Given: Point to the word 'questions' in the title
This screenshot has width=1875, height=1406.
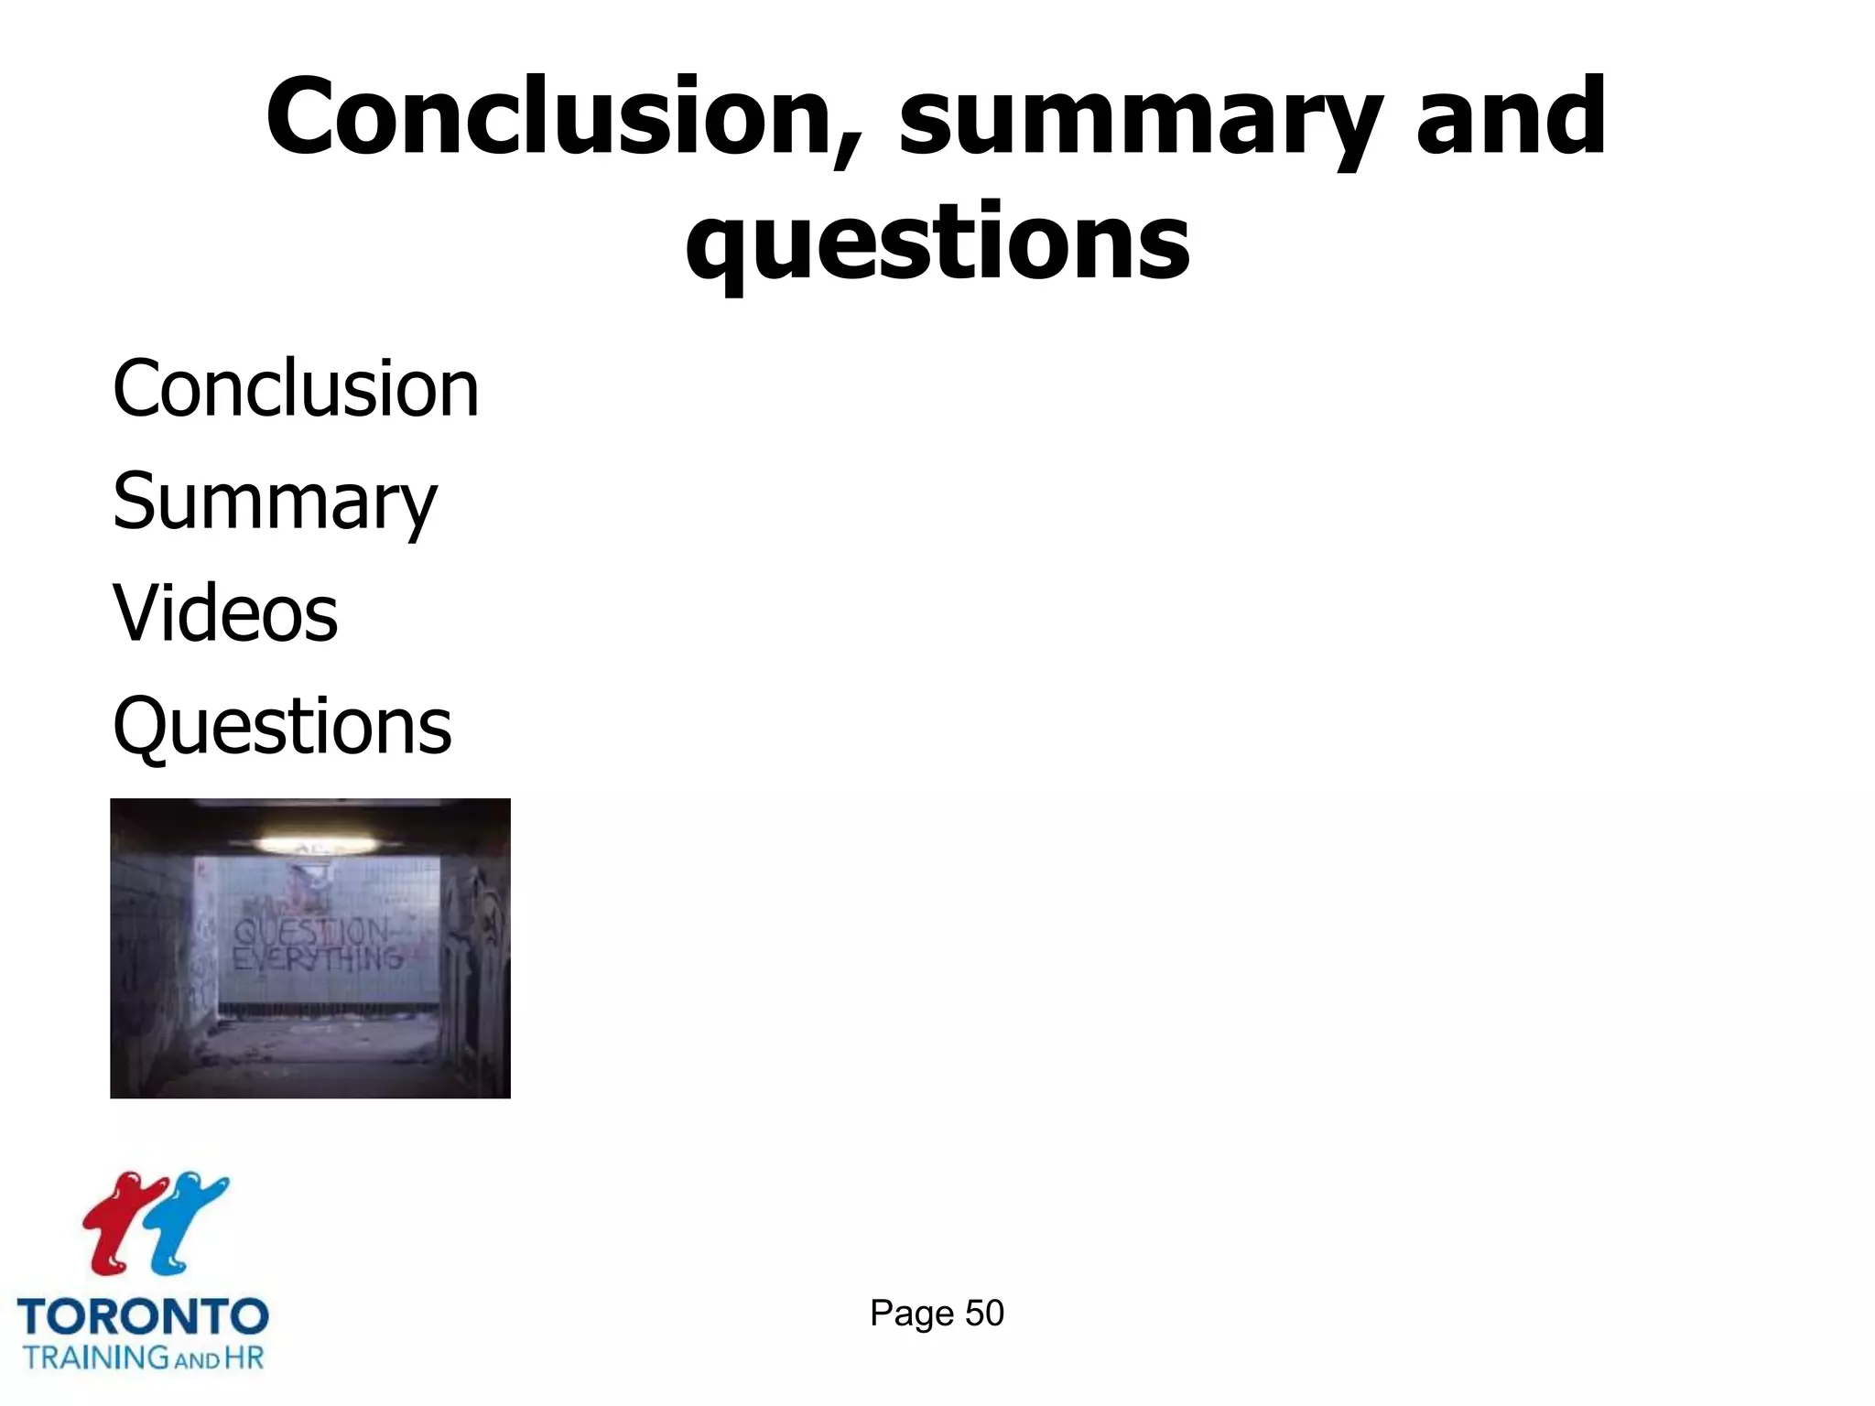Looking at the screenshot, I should pyautogui.click(x=937, y=243).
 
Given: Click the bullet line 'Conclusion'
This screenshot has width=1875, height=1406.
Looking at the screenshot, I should pyautogui.click(x=296, y=389).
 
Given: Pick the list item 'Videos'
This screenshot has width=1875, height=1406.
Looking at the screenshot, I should pyautogui.click(x=225, y=613).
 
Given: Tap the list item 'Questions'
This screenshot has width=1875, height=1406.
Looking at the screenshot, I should pyautogui.click(x=282, y=726).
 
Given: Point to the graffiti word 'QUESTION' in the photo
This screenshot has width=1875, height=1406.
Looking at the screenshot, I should pyautogui.click(x=311, y=932).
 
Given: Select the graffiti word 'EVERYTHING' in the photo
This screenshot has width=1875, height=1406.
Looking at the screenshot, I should pyautogui.click(x=317, y=958).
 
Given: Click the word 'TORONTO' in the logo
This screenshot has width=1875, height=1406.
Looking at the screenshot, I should pyautogui.click(x=143, y=1317).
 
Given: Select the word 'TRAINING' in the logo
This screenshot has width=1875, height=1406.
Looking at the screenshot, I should pyautogui.click(x=95, y=1357).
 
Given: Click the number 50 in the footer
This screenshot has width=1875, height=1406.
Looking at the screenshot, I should pyautogui.click(x=984, y=1314).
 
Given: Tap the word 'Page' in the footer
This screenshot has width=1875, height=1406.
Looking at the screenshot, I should pyautogui.click(x=912, y=1314).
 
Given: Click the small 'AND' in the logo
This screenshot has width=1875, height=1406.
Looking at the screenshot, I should pyautogui.click(x=197, y=1360).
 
